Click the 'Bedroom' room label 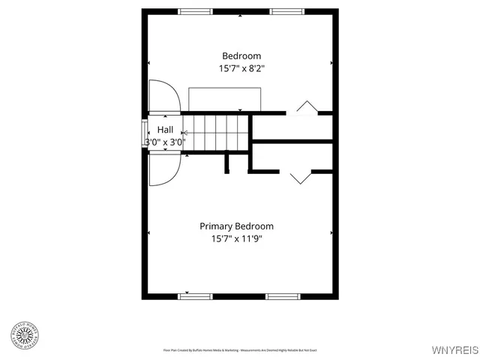[241, 55]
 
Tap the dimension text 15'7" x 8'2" [241, 68]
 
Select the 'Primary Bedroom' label [236, 226]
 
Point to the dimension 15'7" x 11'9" [237, 239]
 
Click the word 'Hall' [165, 130]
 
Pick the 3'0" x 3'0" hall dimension [164, 142]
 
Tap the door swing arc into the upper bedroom [163, 96]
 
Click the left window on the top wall [195, 11]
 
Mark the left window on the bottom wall [195, 296]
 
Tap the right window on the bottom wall [283, 296]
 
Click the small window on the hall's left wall [145, 132]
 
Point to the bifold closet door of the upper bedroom [306, 107]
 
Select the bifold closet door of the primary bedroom [300, 177]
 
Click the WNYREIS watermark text [454, 349]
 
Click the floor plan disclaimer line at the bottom [240, 349]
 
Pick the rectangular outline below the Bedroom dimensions [225, 99]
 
